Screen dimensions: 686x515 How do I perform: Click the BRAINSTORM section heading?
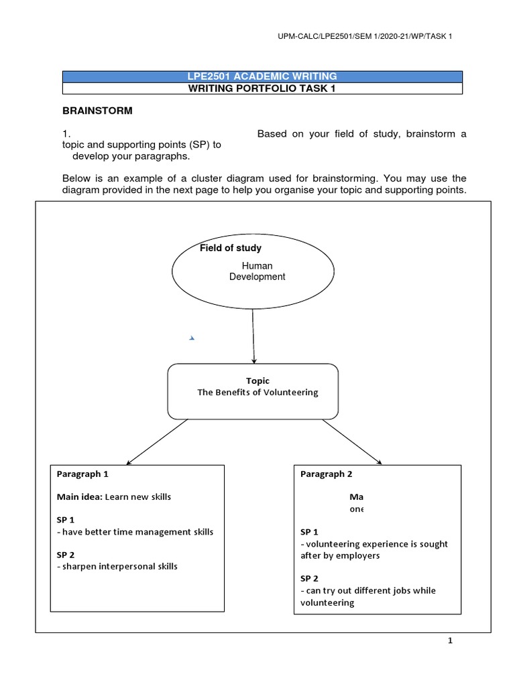pos(97,111)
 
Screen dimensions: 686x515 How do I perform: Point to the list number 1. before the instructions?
pos(66,134)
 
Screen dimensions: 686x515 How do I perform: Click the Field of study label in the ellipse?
pos(231,248)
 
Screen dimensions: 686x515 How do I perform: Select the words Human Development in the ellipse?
pos(257,271)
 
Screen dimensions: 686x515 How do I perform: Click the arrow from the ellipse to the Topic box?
pos(253,338)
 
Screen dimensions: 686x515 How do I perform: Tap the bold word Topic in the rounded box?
pos(257,381)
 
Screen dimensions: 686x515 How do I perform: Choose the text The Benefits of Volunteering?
pos(257,393)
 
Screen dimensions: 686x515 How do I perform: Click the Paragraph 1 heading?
pos(82,474)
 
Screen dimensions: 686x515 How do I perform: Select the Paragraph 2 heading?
pos(326,474)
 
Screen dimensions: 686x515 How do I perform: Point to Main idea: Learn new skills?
pos(114,496)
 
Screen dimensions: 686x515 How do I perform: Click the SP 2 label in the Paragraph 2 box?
pos(309,578)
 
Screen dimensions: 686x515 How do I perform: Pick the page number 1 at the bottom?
pos(451,641)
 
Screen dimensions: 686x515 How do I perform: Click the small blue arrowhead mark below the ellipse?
pos(192,338)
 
